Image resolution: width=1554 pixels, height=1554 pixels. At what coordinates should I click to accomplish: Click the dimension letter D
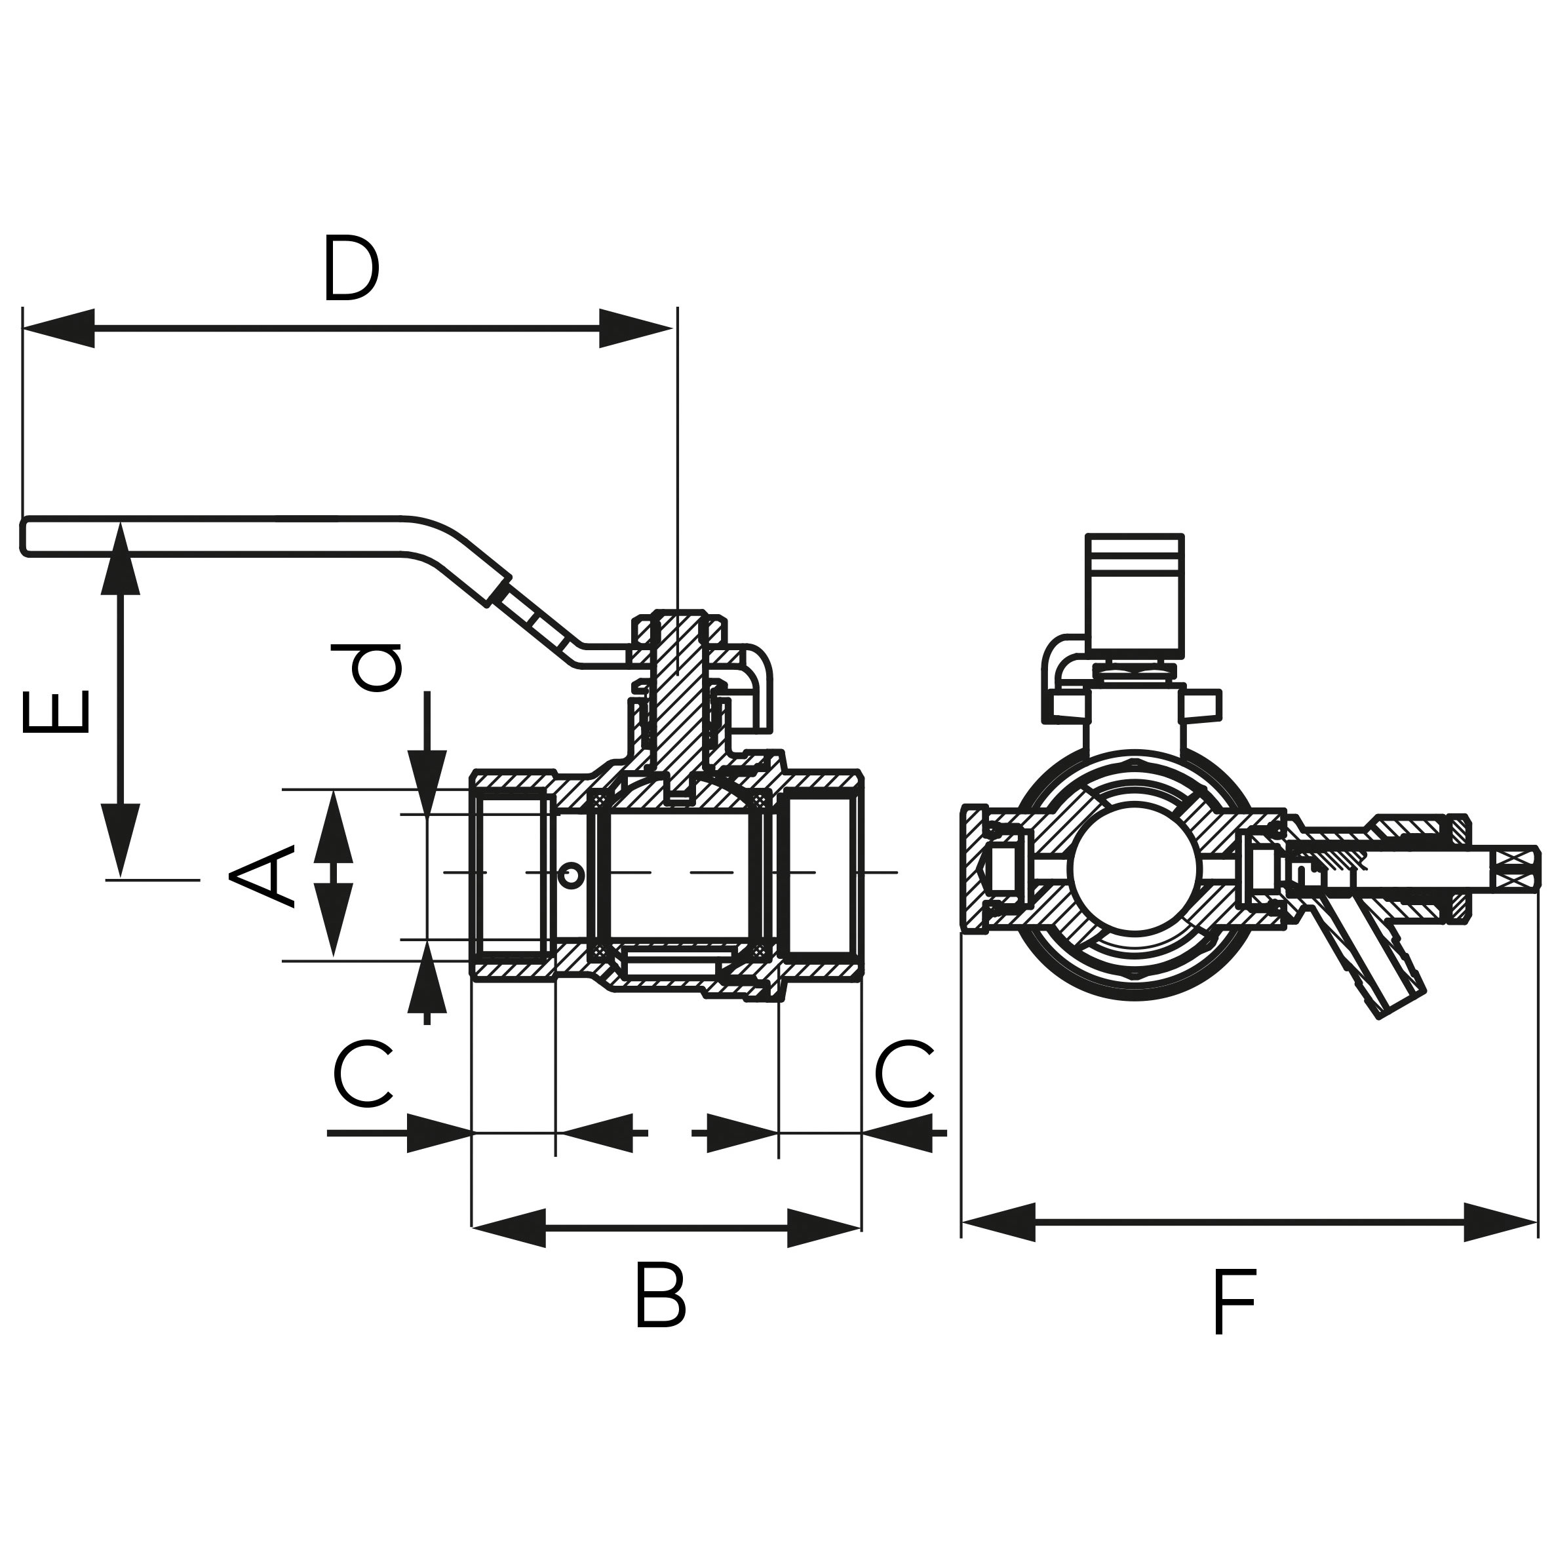(x=351, y=269)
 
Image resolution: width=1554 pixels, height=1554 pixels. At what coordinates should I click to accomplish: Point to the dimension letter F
(x=1233, y=1302)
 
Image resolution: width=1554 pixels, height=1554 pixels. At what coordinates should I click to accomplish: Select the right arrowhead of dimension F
(x=1501, y=1222)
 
